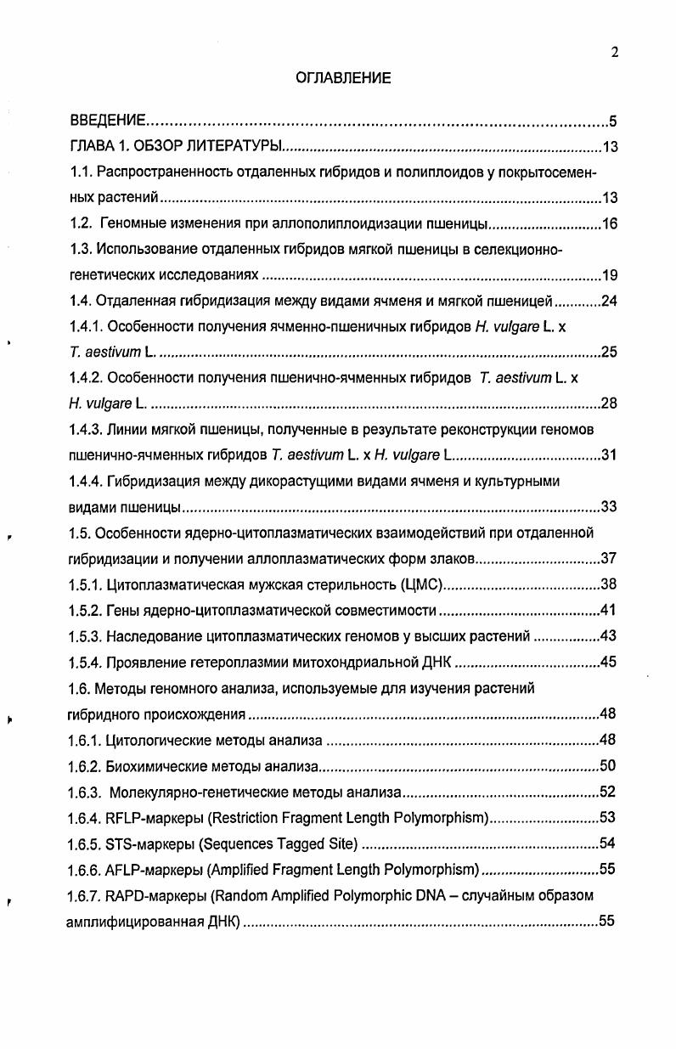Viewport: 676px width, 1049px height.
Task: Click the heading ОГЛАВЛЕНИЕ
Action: pyautogui.click(x=343, y=78)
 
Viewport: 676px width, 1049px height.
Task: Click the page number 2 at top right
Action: pyautogui.click(x=614, y=52)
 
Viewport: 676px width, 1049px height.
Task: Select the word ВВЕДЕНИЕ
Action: pyautogui.click(x=107, y=121)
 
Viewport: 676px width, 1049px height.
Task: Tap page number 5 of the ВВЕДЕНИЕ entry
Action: pyautogui.click(x=613, y=121)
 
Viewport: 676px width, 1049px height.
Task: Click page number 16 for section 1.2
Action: pyautogui.click(x=609, y=224)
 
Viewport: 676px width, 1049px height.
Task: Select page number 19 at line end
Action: pyautogui.click(x=609, y=275)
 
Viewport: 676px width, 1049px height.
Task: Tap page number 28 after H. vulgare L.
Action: pyautogui.click(x=609, y=403)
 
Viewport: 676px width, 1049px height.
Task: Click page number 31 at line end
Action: pyautogui.click(x=609, y=454)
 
